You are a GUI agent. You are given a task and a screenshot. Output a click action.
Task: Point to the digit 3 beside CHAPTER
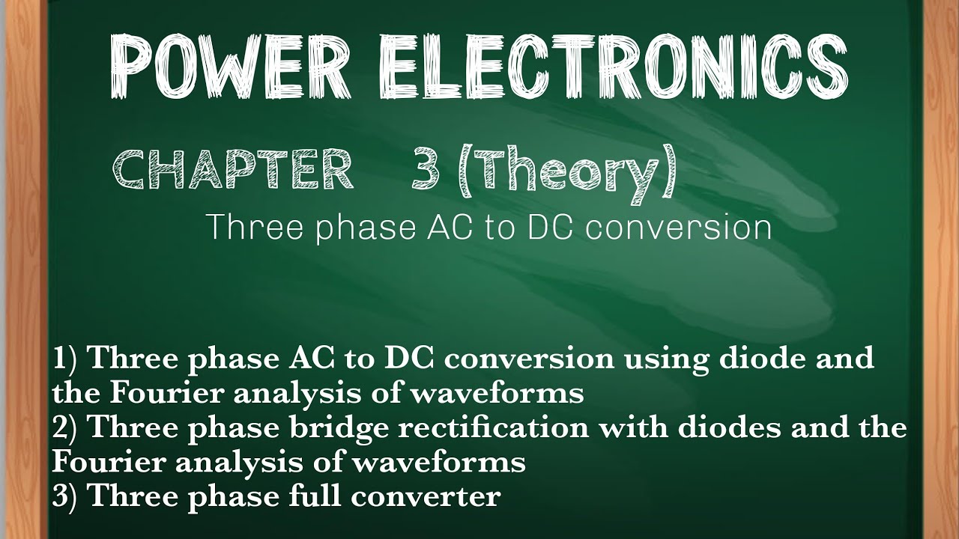click(424, 170)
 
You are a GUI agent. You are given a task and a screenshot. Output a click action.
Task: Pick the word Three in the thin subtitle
click(255, 227)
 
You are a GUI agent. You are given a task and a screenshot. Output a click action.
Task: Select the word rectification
click(498, 428)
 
